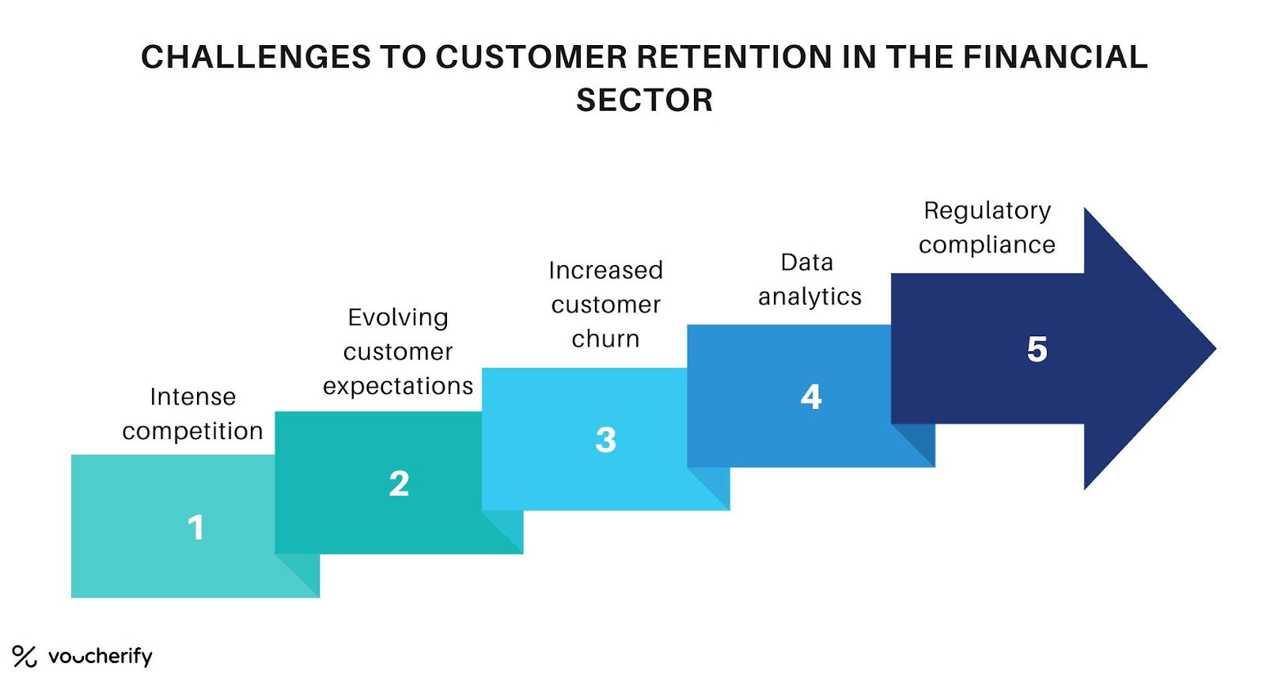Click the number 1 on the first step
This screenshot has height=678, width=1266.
(195, 528)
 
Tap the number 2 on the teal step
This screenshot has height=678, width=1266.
(399, 483)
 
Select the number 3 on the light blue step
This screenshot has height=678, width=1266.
(605, 440)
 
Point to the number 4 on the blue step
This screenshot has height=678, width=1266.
(811, 396)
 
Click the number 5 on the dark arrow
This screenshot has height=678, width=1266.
(1037, 349)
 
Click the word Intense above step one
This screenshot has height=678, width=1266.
(192, 396)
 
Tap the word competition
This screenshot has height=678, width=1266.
(192, 431)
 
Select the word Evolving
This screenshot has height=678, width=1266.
(398, 317)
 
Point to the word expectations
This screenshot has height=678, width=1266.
(398, 386)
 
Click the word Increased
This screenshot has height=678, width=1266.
(605, 271)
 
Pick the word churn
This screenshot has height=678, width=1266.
(605, 339)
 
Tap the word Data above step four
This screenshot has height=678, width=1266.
(806, 262)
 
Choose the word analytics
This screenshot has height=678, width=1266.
(809, 297)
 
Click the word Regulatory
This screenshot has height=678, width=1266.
(987, 210)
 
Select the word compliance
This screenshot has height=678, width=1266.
(987, 245)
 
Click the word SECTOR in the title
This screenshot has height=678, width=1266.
(644, 100)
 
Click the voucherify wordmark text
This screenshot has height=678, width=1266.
(100, 656)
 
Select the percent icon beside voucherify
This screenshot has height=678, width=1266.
(25, 656)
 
